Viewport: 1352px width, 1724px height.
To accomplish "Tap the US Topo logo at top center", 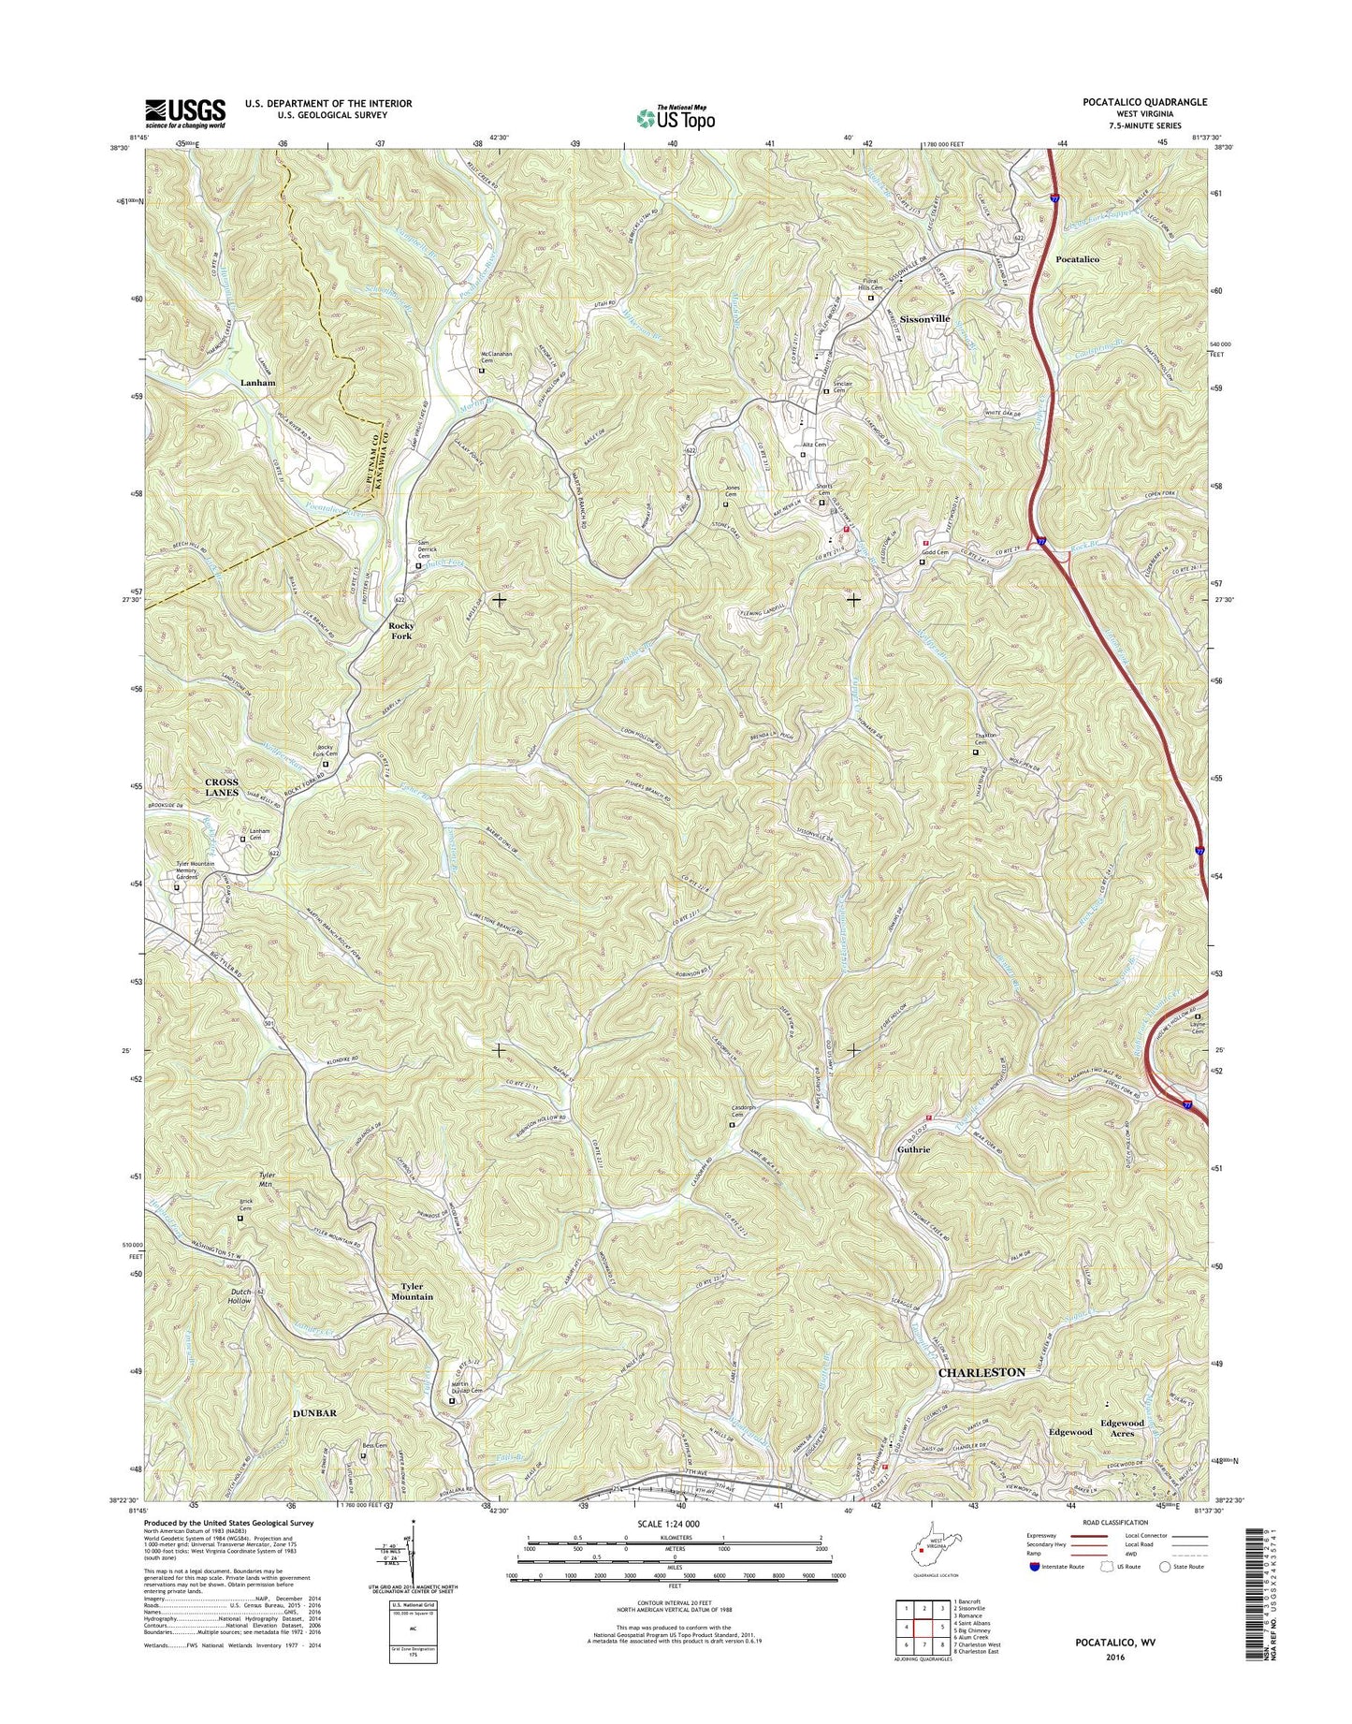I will pos(676,117).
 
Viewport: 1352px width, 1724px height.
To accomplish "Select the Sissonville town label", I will pos(924,319).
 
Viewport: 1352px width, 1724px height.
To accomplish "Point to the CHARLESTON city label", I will pos(981,1372).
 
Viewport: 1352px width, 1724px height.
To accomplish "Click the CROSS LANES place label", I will pos(222,787).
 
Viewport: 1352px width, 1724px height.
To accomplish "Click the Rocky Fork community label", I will pos(401,631).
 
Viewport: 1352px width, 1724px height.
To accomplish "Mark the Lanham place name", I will pos(257,383).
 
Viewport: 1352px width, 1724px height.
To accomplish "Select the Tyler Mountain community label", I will pos(412,1292).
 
